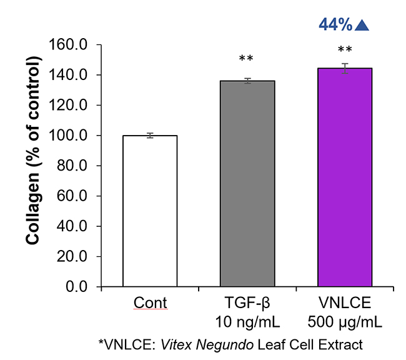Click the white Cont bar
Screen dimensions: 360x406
click(150, 211)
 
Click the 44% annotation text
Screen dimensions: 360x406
click(335, 24)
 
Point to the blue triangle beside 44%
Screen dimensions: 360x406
click(362, 24)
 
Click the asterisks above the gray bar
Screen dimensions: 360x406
click(246, 60)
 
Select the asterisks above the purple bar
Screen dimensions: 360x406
click(345, 50)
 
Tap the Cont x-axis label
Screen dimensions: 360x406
click(150, 304)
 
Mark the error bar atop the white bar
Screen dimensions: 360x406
click(150, 135)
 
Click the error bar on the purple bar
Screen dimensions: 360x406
click(345, 69)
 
